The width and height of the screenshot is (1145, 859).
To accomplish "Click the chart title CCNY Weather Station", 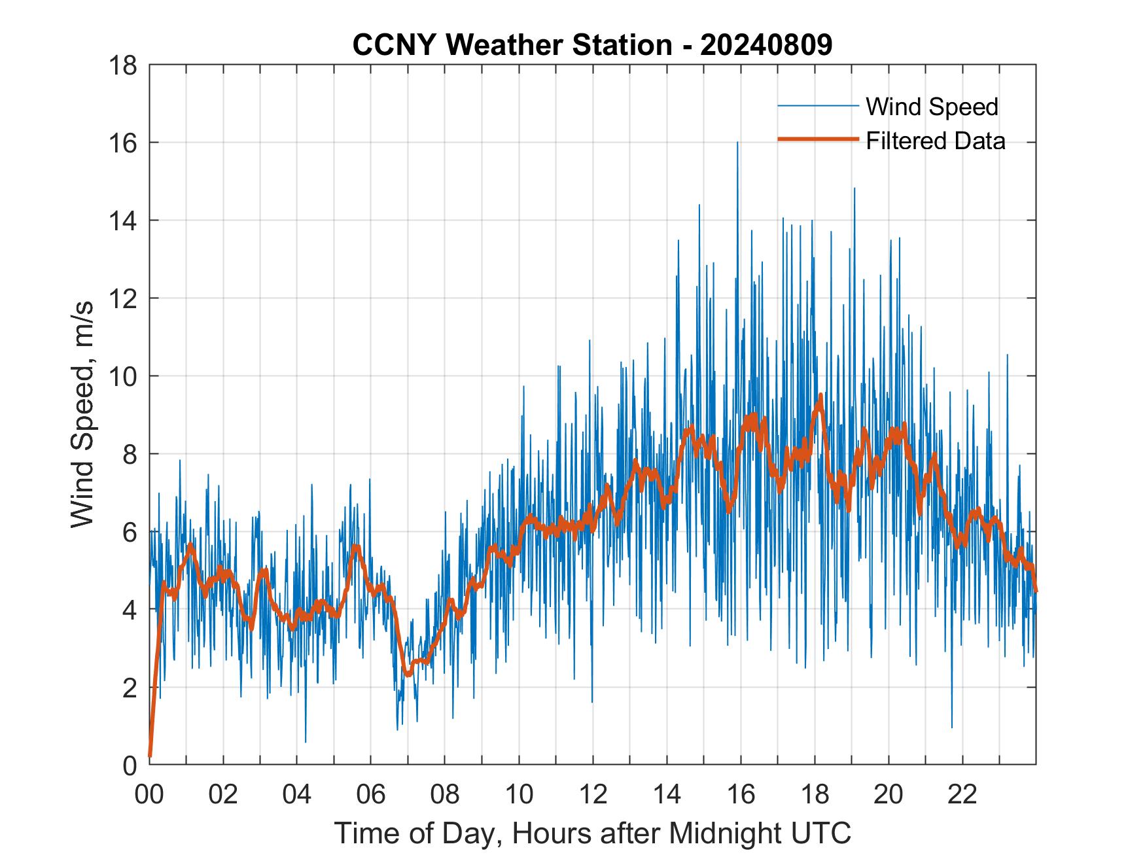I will tap(512, 45).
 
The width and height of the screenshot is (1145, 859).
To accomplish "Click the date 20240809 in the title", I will tap(766, 45).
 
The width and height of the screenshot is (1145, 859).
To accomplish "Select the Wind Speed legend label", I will tap(932, 107).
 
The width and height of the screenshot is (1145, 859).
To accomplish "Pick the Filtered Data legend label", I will tap(935, 141).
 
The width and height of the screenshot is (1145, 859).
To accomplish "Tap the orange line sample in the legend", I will tap(818, 139).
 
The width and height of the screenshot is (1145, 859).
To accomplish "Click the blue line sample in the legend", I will tap(818, 106).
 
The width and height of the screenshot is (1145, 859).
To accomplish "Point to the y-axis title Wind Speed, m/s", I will tap(82, 414).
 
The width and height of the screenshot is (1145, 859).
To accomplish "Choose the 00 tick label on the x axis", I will tap(149, 795).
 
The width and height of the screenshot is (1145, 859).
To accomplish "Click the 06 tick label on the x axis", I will tap(371, 795).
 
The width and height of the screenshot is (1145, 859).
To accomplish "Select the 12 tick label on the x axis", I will tap(593, 795).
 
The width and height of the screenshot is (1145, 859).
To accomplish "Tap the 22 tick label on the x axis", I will tap(962, 795).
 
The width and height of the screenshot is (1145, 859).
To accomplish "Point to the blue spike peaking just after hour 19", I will tap(854, 190).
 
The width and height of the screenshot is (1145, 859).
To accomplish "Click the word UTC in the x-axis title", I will tap(822, 833).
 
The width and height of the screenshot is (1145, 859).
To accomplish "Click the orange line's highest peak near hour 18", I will tap(820, 396).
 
